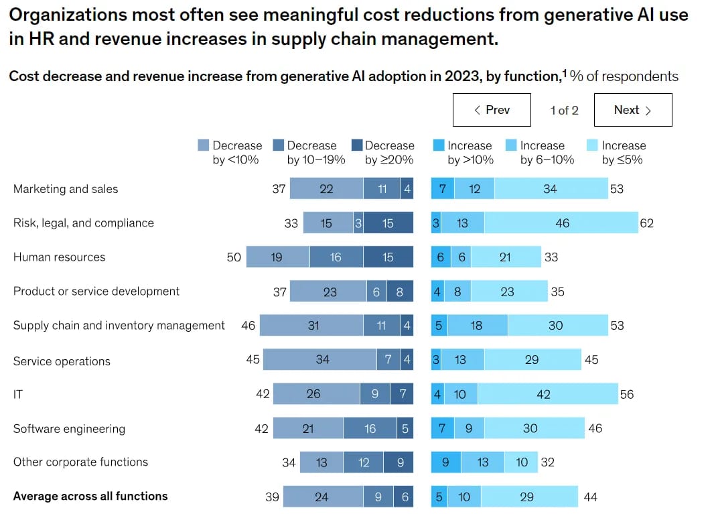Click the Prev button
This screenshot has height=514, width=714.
[492, 110]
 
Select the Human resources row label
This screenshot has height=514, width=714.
[59, 257]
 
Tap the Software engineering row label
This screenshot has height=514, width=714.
[69, 429]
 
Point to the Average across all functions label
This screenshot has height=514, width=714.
[90, 497]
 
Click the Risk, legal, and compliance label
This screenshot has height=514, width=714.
[84, 223]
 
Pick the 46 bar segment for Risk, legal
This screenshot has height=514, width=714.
[561, 223]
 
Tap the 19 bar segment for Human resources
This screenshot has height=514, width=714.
[277, 257]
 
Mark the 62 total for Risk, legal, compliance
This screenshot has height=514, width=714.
[646, 224]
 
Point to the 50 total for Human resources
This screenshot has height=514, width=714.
[234, 257]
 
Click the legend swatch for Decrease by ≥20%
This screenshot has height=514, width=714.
[356, 145]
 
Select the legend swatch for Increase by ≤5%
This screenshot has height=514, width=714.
[592, 145]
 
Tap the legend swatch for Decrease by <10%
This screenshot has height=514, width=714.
[204, 145]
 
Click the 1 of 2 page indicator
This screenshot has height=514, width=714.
[564, 110]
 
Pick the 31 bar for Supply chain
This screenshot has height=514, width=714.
[312, 326]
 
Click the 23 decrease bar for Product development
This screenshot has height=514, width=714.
[328, 292]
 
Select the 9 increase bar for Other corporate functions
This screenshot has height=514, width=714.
[446, 462]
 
